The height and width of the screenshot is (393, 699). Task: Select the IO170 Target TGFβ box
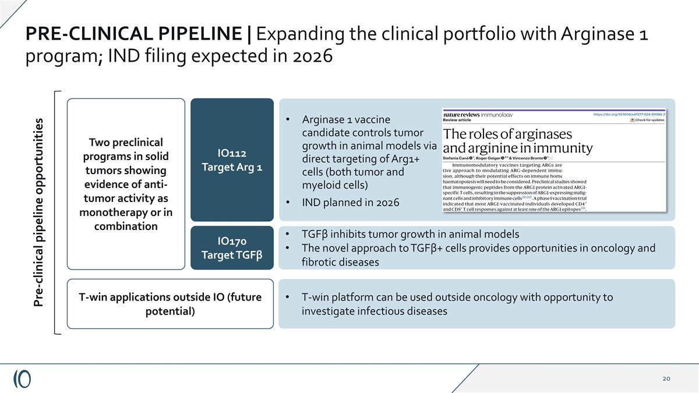click(232, 248)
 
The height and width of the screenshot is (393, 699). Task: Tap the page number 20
click(666, 379)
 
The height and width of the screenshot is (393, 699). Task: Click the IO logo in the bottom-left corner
click(22, 378)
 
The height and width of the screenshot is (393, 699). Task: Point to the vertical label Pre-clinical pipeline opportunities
click(38, 213)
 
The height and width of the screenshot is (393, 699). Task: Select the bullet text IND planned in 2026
click(350, 203)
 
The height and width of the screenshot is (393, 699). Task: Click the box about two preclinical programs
click(126, 184)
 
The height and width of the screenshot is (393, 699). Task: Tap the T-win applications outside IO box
click(170, 304)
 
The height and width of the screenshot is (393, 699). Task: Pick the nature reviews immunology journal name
click(478, 115)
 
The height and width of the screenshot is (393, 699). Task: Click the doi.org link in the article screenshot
click(629, 114)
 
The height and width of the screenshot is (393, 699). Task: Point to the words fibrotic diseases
click(340, 262)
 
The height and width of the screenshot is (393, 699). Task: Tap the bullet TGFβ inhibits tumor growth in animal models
click(410, 234)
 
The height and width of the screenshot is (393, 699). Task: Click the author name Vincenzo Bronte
click(529, 158)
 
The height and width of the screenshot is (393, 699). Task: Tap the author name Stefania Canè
click(458, 158)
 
